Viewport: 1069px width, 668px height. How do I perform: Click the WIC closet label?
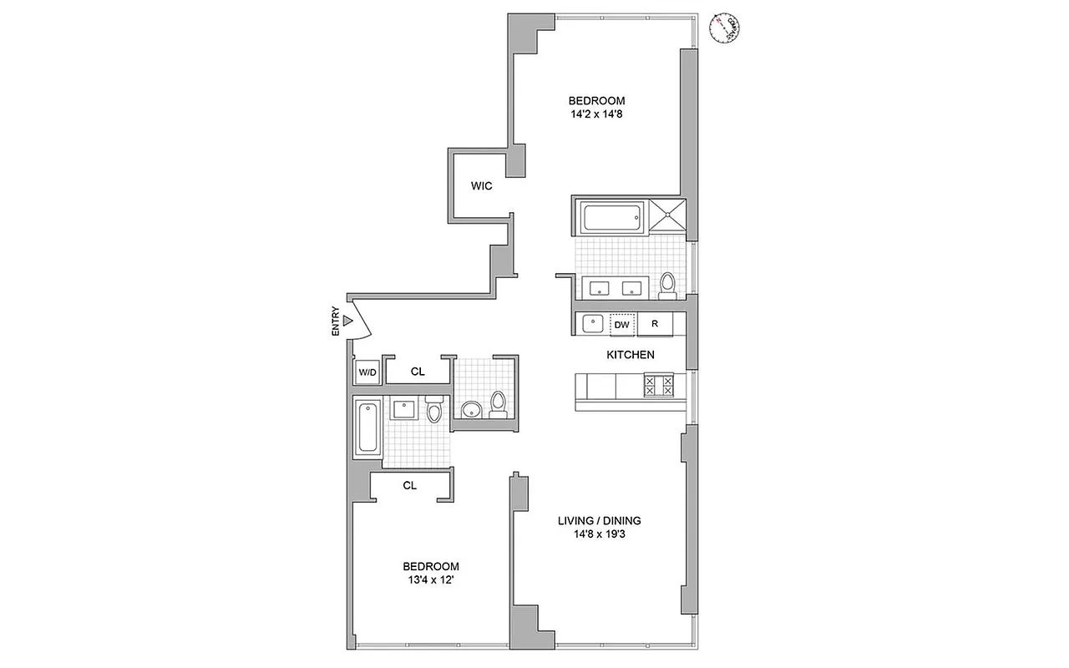[481, 186]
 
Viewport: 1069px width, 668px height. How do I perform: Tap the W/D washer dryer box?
[367, 372]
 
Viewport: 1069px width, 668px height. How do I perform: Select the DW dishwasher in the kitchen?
[622, 324]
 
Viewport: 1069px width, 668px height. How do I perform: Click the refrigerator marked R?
[656, 324]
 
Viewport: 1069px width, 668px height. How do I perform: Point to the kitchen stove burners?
[658, 386]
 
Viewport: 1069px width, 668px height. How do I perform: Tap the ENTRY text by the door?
[336, 321]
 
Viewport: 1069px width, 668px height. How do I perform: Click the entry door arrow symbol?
[347, 321]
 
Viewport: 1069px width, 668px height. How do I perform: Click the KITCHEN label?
[630, 355]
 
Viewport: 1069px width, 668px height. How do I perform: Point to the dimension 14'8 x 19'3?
[599, 535]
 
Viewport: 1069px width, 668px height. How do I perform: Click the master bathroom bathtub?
[610, 220]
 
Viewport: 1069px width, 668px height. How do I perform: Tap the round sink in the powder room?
[471, 409]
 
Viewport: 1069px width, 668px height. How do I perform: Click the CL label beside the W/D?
[418, 372]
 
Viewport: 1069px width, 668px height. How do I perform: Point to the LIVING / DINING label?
[599, 521]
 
